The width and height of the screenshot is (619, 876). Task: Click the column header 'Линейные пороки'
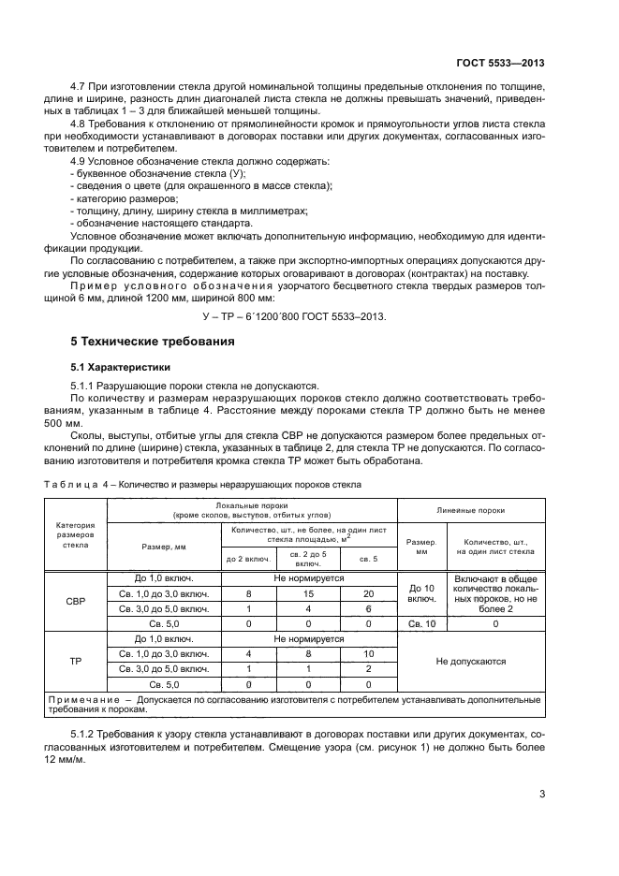point(471,511)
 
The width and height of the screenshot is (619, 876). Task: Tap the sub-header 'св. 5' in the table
point(368,559)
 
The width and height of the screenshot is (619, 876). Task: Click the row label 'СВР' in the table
point(75,601)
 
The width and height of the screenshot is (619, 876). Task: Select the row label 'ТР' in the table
point(75,660)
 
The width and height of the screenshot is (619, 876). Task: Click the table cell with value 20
point(368,593)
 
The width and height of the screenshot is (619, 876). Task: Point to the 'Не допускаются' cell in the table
point(471,661)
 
